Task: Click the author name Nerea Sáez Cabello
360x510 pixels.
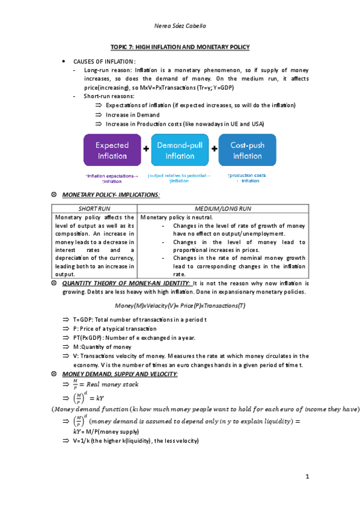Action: (180, 26)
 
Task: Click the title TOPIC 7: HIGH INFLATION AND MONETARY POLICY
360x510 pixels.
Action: (180, 47)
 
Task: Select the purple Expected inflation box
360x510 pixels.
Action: (112, 150)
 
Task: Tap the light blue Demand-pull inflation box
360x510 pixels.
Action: (179, 150)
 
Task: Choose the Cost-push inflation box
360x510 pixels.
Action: (248, 150)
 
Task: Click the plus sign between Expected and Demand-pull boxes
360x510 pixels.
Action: (146, 150)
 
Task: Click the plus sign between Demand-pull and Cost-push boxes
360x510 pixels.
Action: (214, 150)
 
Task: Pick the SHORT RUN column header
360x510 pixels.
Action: (95, 207)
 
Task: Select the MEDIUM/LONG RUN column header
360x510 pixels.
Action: (224, 207)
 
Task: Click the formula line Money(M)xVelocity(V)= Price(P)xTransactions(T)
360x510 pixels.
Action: (180, 306)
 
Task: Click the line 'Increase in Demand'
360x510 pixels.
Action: (132, 114)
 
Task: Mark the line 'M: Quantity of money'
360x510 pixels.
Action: (102, 347)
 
